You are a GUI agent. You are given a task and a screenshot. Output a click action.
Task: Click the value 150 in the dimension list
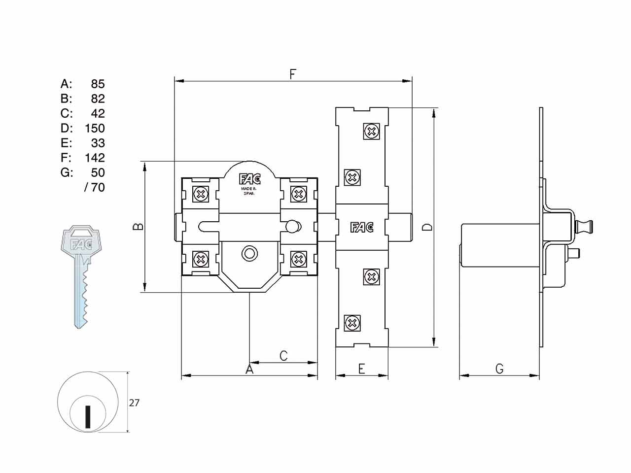[95, 128]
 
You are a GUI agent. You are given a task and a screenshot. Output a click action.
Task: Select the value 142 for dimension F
[95, 158]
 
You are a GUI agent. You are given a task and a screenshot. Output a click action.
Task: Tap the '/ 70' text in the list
[95, 187]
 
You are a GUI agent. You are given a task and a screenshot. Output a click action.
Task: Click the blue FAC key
[81, 276]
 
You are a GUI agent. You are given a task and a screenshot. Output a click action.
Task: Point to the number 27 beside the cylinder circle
[134, 403]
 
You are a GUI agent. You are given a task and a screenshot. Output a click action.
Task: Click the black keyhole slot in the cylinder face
[88, 417]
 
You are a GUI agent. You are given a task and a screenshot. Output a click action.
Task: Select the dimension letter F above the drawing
[293, 74]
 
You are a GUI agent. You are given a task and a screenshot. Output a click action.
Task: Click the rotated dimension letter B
[138, 227]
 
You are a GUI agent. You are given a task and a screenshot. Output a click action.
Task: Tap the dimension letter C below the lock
[283, 356]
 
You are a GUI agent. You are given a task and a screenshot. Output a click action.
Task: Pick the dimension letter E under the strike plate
[362, 369]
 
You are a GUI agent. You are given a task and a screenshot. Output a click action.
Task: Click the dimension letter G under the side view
[500, 369]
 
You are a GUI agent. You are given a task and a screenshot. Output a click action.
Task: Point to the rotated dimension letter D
[427, 227]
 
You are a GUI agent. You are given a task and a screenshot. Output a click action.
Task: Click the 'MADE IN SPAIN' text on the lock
[249, 191]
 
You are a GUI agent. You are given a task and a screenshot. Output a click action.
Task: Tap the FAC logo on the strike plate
[362, 228]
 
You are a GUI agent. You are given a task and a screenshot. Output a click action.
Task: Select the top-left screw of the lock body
[201, 195]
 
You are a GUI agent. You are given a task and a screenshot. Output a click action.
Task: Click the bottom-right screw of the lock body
[299, 259]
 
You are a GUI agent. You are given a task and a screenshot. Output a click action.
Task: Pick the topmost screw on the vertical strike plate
[371, 132]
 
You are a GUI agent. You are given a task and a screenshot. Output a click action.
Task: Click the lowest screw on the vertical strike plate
[352, 323]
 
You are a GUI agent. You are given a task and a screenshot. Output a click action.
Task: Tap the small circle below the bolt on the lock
[249, 254]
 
